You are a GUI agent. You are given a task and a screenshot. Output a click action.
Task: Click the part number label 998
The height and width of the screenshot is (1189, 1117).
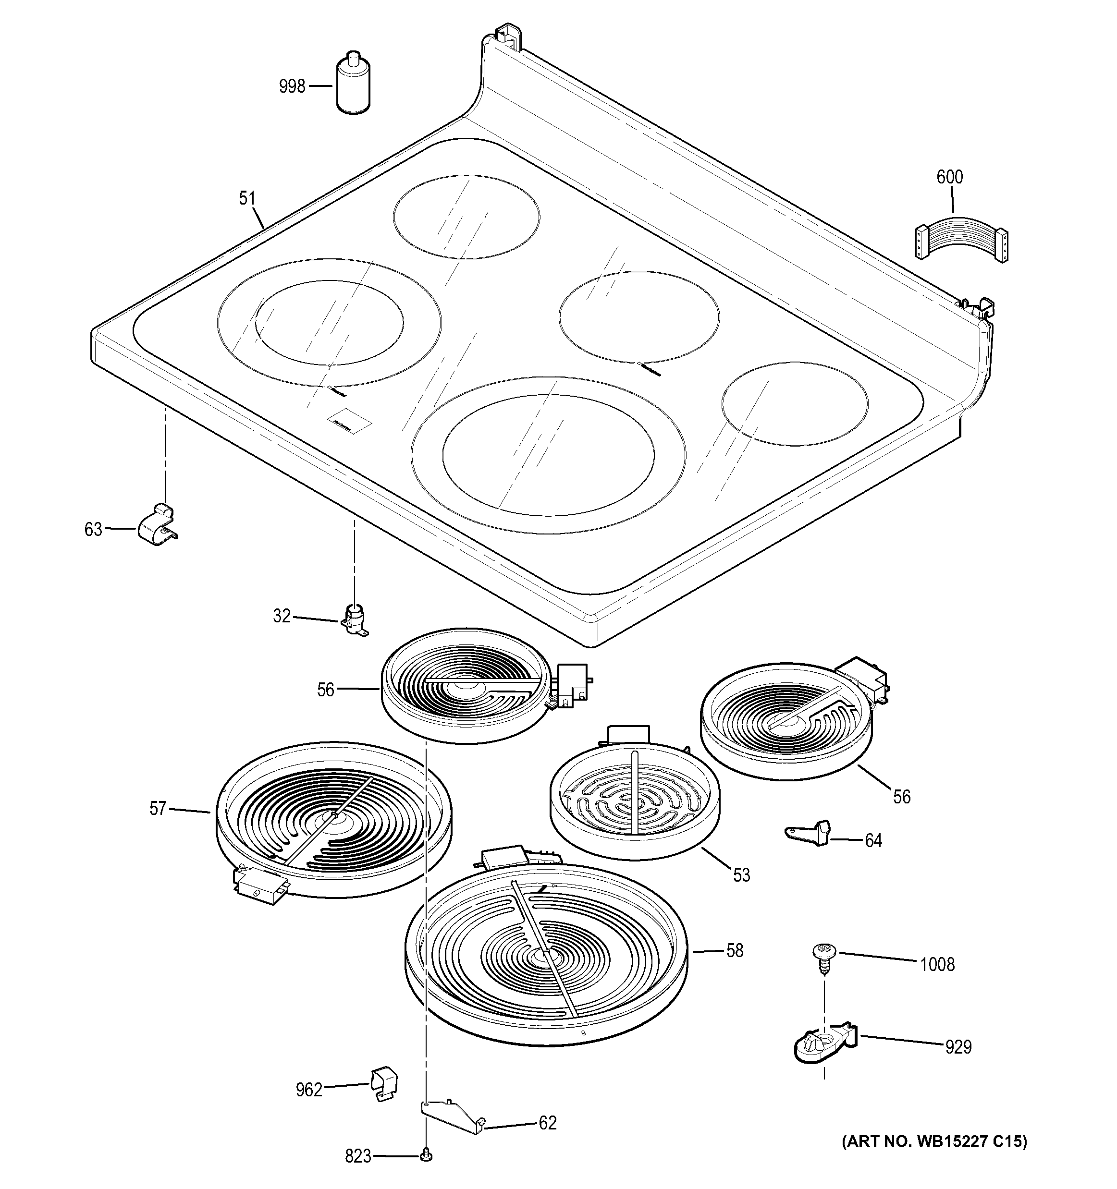pyautogui.click(x=292, y=87)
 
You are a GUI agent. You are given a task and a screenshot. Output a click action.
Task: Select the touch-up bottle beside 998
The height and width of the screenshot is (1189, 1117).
pyautogui.click(x=353, y=84)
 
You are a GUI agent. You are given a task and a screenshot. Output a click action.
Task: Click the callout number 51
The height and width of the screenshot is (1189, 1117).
pyautogui.click(x=247, y=198)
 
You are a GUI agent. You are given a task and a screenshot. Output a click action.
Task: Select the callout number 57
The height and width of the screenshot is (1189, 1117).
pyautogui.click(x=158, y=809)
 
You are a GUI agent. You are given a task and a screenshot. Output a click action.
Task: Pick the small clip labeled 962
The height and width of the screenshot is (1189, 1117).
pyautogui.click(x=383, y=1084)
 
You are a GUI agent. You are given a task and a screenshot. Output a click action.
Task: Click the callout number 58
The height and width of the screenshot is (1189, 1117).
pyautogui.click(x=735, y=950)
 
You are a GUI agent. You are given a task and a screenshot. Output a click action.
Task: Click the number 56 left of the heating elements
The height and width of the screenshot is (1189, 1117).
pyautogui.click(x=325, y=690)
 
